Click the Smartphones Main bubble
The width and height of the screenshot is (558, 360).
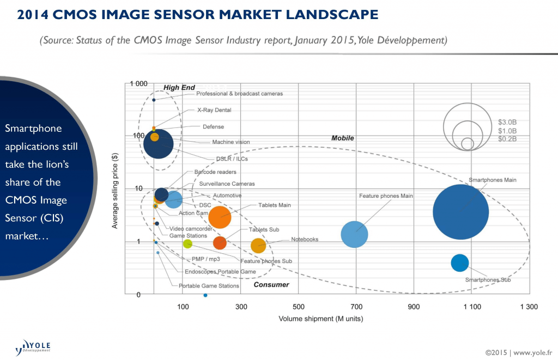460,212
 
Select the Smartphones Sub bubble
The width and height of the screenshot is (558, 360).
460,263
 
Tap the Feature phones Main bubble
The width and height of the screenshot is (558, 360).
355,234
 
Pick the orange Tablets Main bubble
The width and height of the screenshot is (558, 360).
220,217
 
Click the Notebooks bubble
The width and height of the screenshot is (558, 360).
258,246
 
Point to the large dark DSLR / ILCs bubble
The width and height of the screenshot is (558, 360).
159,144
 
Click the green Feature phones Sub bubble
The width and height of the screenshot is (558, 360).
187,243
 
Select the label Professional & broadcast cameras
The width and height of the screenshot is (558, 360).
239,94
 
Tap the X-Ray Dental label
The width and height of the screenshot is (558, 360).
214,110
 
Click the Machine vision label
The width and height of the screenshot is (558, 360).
231,142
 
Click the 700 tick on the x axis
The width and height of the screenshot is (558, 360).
356,307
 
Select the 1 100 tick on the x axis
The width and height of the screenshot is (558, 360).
472,307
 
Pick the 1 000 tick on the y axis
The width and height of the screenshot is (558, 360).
138,83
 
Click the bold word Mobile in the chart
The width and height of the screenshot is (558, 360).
343,138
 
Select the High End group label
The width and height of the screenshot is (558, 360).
179,88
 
